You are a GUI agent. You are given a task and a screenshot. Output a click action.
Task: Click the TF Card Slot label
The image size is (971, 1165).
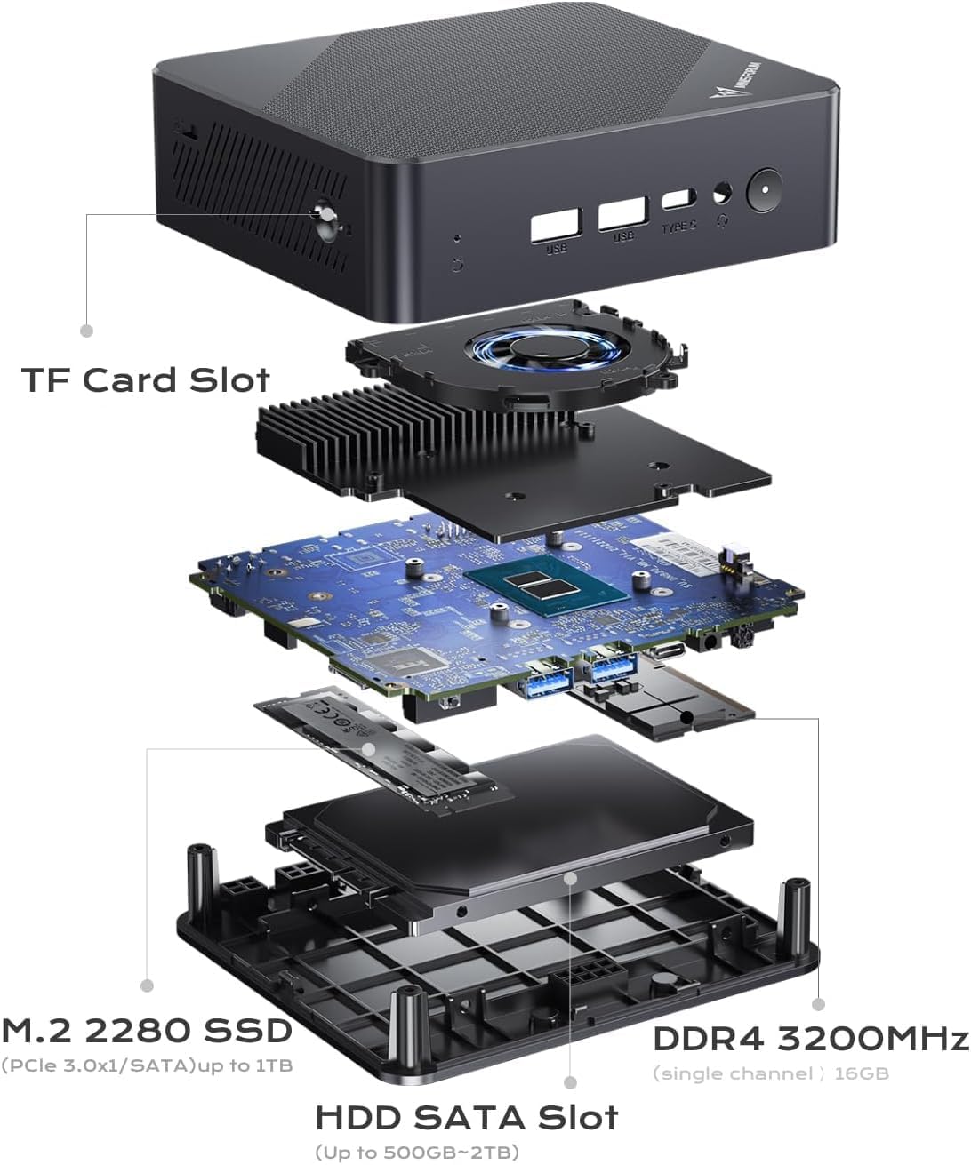145,379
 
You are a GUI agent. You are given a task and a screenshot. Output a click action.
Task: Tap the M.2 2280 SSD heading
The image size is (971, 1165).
147,1031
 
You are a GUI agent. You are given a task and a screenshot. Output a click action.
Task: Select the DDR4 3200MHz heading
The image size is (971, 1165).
810,1038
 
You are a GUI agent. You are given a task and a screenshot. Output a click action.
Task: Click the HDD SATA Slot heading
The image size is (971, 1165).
467,1117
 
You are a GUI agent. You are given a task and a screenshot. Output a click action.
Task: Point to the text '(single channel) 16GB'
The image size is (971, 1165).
771,1073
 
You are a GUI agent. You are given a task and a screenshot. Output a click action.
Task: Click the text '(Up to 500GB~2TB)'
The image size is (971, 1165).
417,1153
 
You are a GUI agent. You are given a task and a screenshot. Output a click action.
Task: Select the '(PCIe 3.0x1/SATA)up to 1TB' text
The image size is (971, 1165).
147,1065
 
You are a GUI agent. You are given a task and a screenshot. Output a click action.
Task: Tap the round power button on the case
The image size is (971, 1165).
763,189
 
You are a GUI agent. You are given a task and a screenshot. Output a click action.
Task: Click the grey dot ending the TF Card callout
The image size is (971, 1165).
86,331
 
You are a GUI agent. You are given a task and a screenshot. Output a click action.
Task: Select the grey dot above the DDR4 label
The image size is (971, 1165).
818,1004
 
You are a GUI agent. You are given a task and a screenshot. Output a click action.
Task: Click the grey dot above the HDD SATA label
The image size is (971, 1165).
570,1082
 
